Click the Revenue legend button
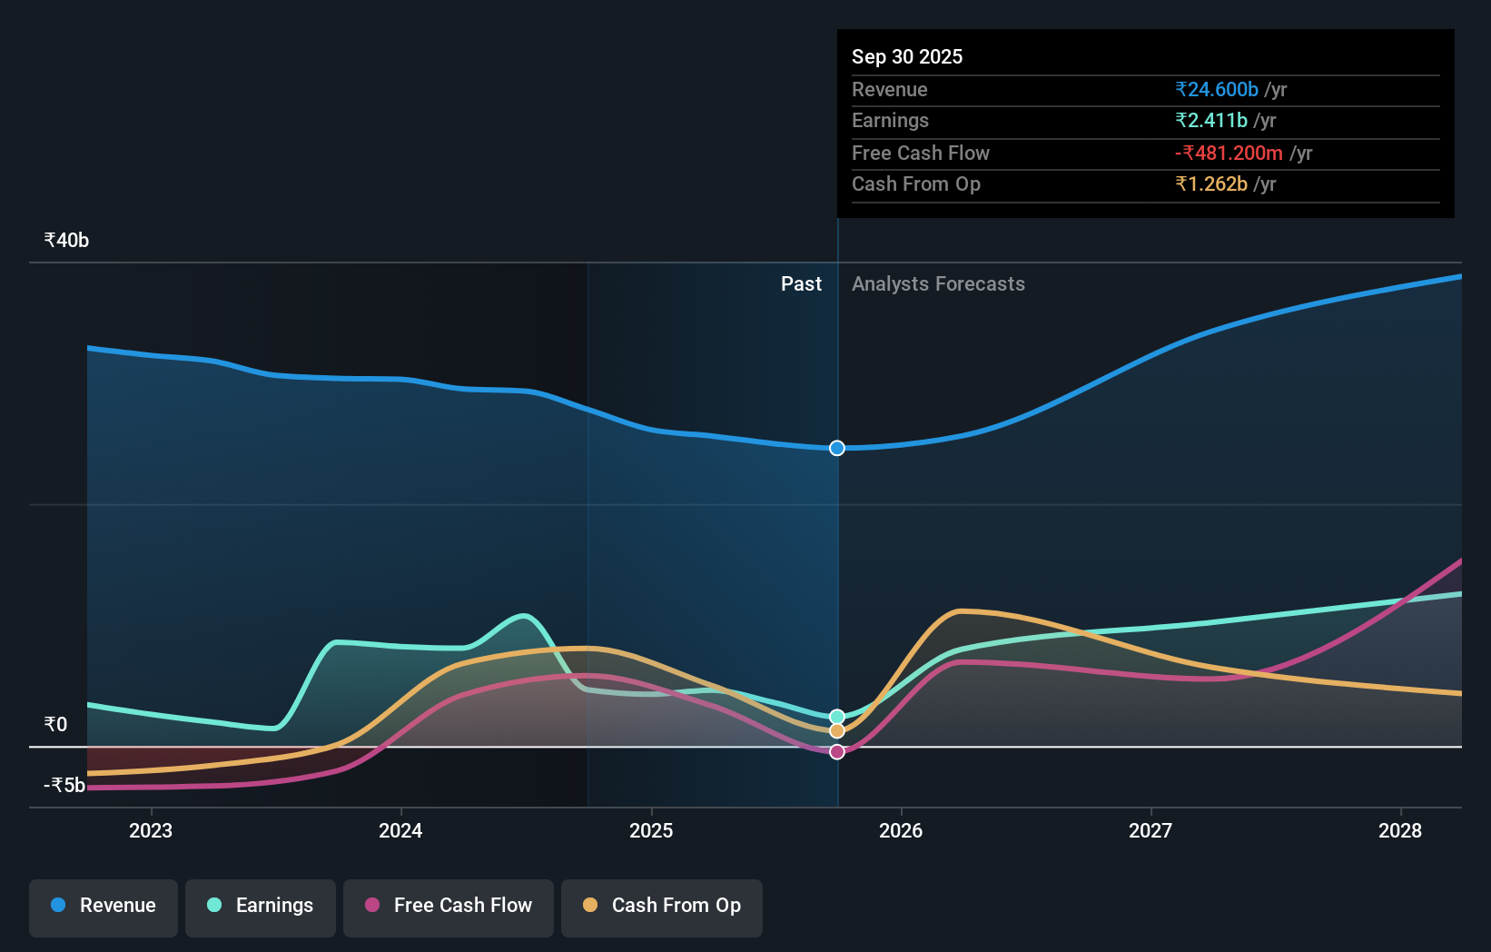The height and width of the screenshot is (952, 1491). point(104,906)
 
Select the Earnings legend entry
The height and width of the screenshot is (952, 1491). point(261,906)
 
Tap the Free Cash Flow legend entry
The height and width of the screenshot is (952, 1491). point(449,906)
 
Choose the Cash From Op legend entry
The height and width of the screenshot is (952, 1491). point(662,906)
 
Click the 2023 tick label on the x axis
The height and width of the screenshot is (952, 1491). point(151,830)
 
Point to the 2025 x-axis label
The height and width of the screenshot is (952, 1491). point(651,830)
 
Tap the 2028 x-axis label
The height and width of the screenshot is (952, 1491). point(1400,830)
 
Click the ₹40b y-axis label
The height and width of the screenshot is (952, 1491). point(66,240)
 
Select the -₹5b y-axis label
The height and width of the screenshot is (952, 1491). point(64,785)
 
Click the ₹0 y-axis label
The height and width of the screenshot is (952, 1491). point(55,724)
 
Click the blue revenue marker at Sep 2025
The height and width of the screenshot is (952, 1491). point(837,448)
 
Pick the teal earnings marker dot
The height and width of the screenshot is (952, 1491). point(837,717)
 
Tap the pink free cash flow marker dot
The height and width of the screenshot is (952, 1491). point(837,752)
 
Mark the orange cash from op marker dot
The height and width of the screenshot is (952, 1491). point(837,731)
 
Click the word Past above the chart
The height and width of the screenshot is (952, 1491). point(801,283)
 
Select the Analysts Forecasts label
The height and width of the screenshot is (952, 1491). point(938,283)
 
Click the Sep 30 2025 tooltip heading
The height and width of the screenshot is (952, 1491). point(907,56)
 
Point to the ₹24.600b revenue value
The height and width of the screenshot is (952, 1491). point(1216,89)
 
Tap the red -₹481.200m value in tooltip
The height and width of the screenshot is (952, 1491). point(1229,153)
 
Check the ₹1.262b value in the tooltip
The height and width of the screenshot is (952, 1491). point(1210,183)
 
